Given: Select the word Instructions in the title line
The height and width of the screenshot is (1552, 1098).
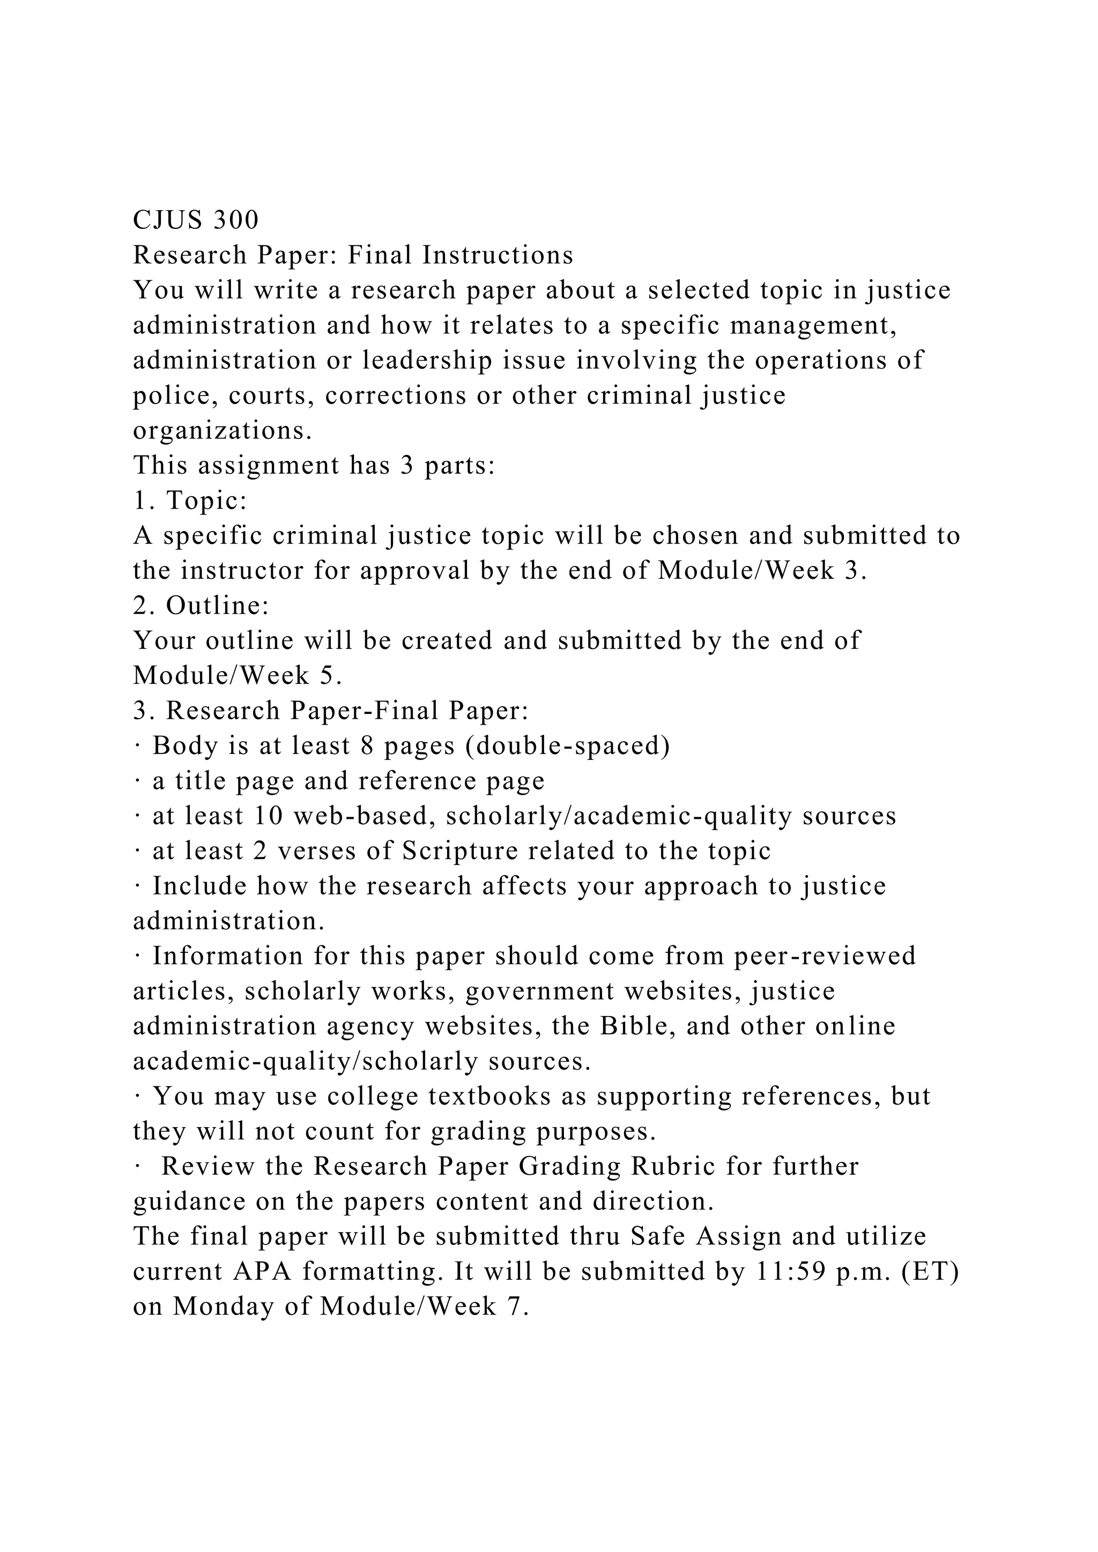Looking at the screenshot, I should pyautogui.click(x=498, y=256).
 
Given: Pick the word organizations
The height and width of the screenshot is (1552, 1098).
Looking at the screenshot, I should pyautogui.click(x=222, y=430).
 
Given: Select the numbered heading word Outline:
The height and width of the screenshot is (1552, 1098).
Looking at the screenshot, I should pyautogui.click(x=218, y=606).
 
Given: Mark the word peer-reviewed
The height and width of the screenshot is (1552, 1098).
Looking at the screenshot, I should pyautogui.click(x=825, y=957).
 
